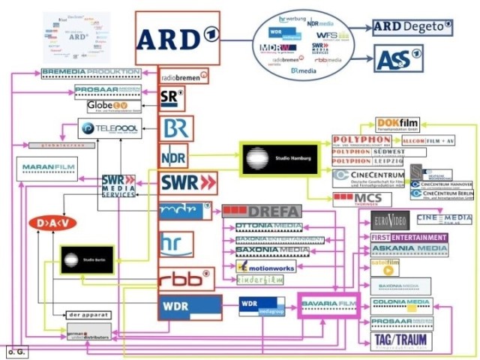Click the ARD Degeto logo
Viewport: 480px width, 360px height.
[x=415, y=28]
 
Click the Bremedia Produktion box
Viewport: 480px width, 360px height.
[x=91, y=72]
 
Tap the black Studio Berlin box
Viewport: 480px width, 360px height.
[x=86, y=260]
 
